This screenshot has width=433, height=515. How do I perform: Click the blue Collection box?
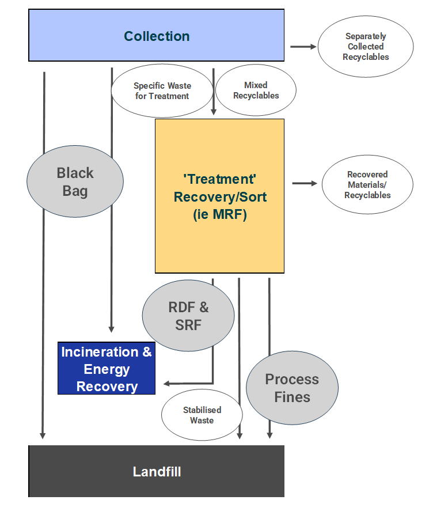(x=157, y=36)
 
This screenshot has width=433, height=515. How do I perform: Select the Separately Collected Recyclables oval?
(x=366, y=47)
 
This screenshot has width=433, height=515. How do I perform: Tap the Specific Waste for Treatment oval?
(x=162, y=91)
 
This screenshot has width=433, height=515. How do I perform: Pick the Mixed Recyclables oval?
(x=256, y=90)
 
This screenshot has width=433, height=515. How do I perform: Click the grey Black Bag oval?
(x=75, y=181)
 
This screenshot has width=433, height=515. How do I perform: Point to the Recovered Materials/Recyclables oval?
(x=367, y=184)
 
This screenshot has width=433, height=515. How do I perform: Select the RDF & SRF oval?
(x=188, y=316)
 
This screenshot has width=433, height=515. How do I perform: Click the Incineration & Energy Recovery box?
(x=107, y=369)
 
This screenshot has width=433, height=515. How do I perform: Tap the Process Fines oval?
(x=292, y=388)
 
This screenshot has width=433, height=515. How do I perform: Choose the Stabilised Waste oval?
(x=202, y=415)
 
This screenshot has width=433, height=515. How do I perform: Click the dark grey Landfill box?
(x=157, y=471)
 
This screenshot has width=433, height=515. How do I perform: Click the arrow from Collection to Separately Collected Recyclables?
(x=303, y=47)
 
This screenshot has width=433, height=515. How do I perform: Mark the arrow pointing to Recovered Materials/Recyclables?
(x=305, y=183)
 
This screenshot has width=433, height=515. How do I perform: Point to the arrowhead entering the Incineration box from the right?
(x=166, y=383)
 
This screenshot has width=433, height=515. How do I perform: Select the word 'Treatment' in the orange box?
(x=220, y=179)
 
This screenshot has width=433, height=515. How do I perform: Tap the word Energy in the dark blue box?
(x=107, y=369)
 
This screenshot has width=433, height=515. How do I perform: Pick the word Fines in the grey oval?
(x=292, y=397)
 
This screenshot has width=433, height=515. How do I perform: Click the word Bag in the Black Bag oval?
(x=75, y=191)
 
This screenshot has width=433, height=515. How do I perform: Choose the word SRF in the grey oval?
(x=188, y=325)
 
